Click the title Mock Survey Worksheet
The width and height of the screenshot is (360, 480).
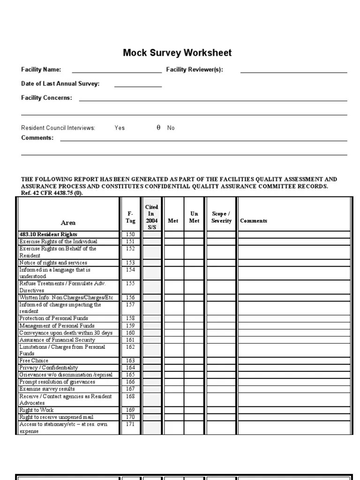coord(177,53)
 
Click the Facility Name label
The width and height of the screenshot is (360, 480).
coord(41,70)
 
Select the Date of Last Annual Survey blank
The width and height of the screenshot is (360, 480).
coord(138,86)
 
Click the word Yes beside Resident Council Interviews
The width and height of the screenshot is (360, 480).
coord(120,128)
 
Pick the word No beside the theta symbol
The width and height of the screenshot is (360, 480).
coord(171,128)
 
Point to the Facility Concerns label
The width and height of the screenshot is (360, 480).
coord(46,98)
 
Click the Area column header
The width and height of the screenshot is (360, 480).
coord(68,223)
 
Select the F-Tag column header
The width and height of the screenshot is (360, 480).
coord(130,217)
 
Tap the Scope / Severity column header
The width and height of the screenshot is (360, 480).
coord(221,217)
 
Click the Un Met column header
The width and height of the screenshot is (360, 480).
coord(194,217)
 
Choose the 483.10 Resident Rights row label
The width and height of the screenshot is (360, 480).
coord(48,234)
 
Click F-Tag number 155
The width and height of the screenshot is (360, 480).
coord(130,284)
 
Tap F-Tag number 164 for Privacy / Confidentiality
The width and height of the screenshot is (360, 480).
coord(130,368)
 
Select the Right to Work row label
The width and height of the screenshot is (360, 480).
coord(37,410)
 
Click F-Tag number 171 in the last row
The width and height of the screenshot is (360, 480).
coord(130,424)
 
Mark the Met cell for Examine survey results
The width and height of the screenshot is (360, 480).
coord(173,389)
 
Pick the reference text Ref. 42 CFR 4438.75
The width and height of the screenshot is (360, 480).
coord(52,193)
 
